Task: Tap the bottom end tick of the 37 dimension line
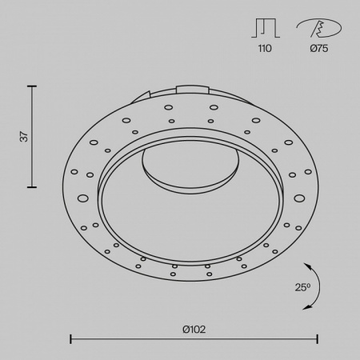tap(33, 186)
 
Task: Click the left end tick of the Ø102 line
tap(71, 338)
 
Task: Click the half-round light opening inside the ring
tap(192, 164)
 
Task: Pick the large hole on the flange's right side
tap(299, 197)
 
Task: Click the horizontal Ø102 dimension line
tap(192, 338)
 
